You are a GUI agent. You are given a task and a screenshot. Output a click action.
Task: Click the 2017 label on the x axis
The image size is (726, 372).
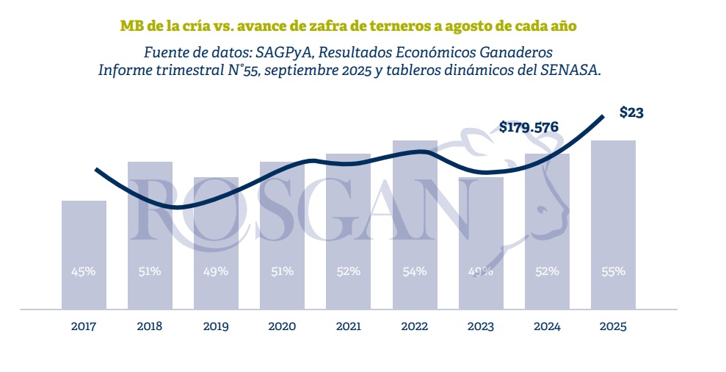point(83,326)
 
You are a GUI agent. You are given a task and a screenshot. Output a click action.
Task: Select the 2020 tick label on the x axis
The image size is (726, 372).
point(282,326)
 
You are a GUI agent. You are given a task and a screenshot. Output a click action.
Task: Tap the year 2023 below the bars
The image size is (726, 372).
point(481,326)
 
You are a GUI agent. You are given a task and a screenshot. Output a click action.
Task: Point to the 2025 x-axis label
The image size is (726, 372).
point(613,326)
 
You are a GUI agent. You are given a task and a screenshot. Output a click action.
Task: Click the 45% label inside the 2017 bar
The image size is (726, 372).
point(83,271)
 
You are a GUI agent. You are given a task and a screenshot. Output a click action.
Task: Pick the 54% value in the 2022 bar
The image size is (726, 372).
point(415,271)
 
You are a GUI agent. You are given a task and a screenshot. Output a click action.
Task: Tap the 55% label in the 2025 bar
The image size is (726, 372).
point(613,271)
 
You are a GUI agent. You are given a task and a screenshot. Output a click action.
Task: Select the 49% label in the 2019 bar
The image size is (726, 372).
point(216,271)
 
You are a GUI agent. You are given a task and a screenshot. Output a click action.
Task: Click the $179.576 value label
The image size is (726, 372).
point(529,127)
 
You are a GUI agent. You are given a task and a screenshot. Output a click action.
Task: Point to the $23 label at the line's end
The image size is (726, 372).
point(631,113)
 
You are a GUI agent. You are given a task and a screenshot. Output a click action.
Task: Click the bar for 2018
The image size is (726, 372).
point(150,235)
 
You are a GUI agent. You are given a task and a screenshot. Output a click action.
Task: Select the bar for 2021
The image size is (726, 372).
point(348,232)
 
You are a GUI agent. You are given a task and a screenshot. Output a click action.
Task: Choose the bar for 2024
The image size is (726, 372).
point(547,232)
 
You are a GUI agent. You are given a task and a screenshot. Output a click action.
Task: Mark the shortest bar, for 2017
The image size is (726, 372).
point(83,254)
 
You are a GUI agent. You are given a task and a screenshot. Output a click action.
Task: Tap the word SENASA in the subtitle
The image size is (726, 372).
point(573,70)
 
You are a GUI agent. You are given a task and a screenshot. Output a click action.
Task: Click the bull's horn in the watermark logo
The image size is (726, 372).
point(470,140)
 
